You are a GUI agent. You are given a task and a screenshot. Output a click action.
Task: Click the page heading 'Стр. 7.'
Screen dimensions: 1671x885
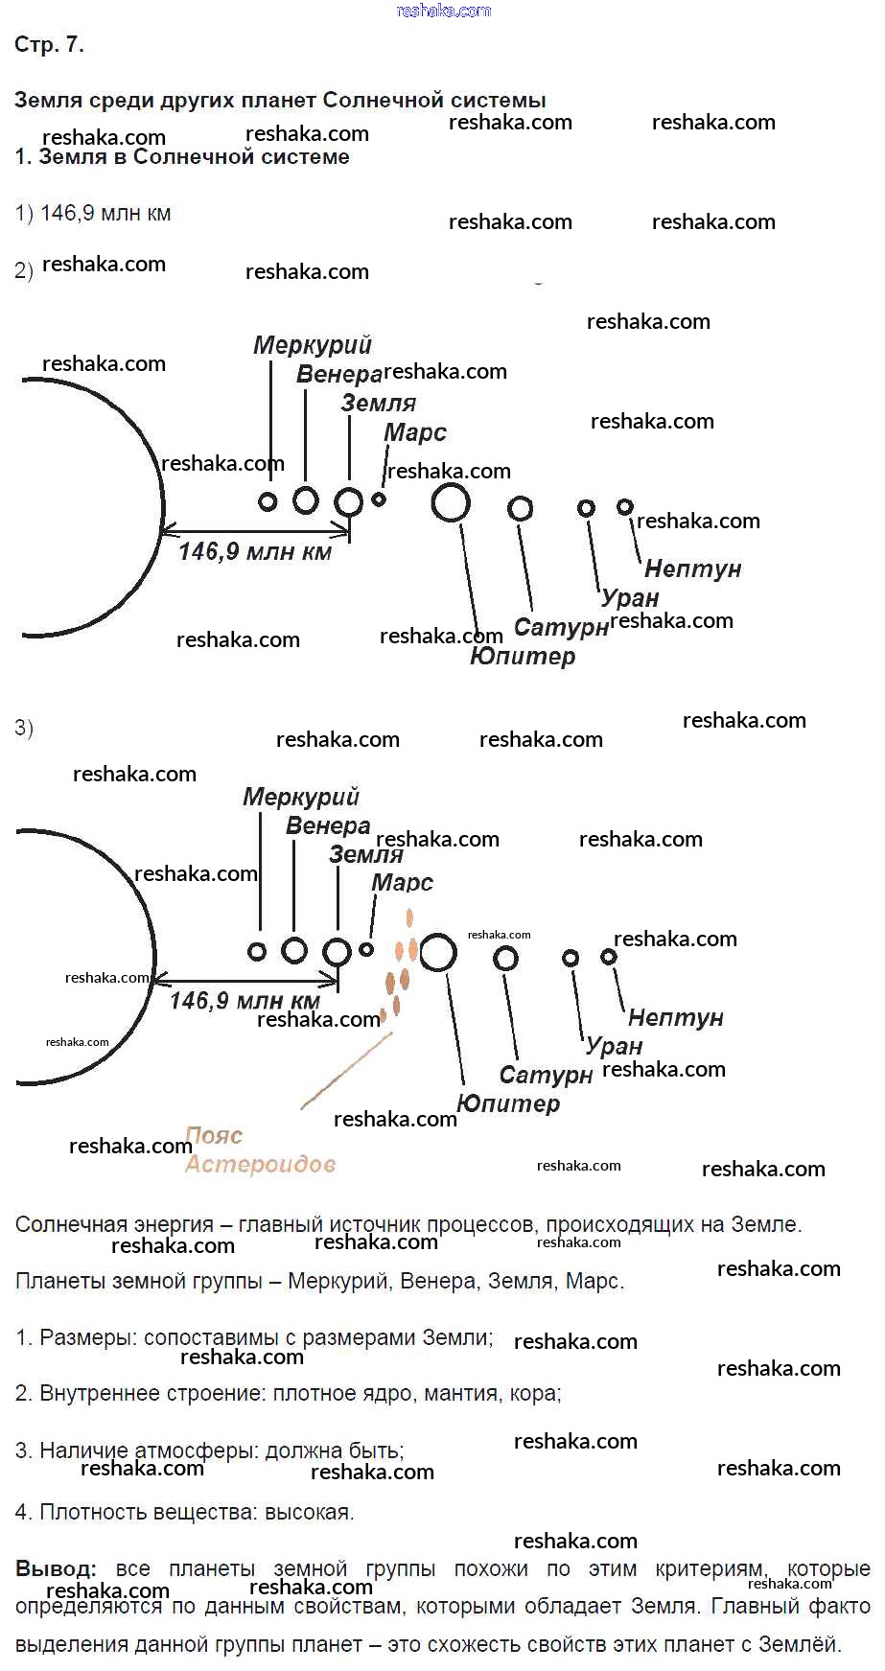tap(49, 45)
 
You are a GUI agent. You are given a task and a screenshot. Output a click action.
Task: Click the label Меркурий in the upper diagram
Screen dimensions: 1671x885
tap(312, 345)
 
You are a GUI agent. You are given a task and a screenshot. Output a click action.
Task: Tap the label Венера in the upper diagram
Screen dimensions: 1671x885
tap(338, 374)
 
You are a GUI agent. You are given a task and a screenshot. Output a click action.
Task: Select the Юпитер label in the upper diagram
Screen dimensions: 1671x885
tap(523, 657)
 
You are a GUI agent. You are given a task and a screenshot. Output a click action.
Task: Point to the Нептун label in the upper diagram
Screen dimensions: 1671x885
tap(692, 569)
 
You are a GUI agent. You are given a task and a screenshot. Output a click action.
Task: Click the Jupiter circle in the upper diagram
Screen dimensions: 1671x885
tap(451, 502)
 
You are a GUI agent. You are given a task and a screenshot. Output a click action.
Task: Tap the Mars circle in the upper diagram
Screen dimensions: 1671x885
tap(379, 499)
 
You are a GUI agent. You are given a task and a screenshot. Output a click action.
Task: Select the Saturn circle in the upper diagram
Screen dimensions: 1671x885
tap(521, 508)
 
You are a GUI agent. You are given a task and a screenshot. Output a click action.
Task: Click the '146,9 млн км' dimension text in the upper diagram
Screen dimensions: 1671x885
tap(255, 551)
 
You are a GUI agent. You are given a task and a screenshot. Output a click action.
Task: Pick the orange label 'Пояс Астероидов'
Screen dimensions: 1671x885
tap(259, 1150)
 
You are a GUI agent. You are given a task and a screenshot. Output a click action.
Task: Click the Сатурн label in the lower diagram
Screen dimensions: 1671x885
tap(546, 1076)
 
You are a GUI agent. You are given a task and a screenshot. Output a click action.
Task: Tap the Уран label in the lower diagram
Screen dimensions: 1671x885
tap(614, 1046)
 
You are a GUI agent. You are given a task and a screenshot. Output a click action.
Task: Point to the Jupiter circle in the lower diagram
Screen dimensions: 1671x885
tap(438, 953)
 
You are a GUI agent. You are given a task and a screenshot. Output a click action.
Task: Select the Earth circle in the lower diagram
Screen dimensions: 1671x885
tap(338, 952)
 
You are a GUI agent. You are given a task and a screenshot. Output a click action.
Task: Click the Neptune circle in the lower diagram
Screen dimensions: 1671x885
tap(609, 957)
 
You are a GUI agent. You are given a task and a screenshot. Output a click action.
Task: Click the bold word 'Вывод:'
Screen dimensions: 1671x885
tap(56, 1569)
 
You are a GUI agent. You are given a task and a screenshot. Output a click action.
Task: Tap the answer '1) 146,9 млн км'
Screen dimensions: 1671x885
tap(93, 214)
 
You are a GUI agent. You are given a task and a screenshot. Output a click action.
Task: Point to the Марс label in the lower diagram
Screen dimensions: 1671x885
tap(402, 883)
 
